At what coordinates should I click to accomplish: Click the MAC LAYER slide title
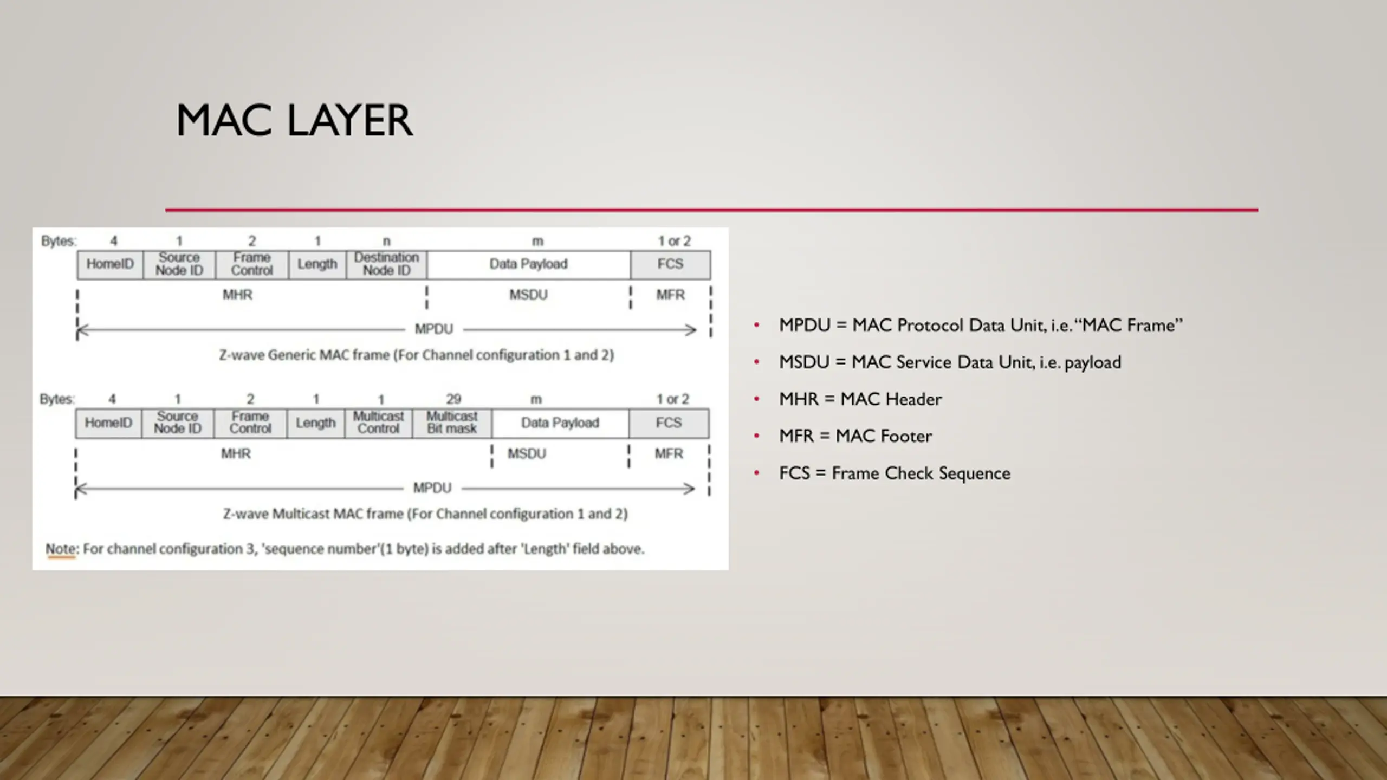(294, 120)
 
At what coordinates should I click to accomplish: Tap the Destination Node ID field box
(386, 264)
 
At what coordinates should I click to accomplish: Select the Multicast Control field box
(378, 422)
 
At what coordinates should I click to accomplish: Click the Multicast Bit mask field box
(452, 422)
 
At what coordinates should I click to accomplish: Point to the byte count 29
(453, 399)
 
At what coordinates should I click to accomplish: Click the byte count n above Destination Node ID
(386, 241)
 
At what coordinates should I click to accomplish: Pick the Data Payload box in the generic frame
(528, 264)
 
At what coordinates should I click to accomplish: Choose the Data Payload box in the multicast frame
(560, 422)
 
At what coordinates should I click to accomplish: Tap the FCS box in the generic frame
(670, 264)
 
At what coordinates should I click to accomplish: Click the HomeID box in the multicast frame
(108, 422)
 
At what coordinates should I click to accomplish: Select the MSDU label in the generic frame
(528, 295)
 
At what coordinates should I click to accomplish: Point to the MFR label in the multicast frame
(669, 453)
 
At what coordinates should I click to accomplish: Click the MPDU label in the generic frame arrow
(433, 329)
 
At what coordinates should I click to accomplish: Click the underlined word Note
(61, 549)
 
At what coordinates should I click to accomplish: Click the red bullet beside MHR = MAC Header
(757, 399)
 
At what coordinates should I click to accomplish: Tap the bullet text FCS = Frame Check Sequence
(895, 473)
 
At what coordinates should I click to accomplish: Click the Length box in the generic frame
(317, 264)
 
